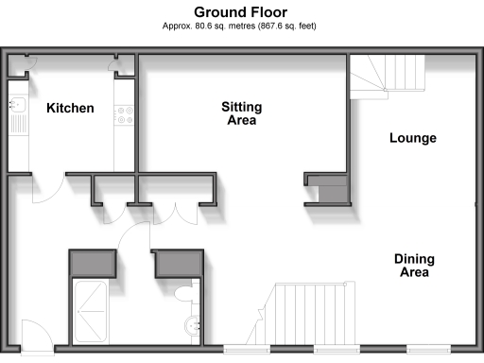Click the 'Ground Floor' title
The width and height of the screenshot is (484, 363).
(241, 11)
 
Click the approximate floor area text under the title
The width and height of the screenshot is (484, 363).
(241, 26)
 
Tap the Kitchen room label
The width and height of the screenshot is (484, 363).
(70, 108)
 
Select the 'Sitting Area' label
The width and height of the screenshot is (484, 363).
(242, 113)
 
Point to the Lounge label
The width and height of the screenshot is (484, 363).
(413, 138)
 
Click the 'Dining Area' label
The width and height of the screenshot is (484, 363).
(413, 265)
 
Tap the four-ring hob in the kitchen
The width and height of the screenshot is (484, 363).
(123, 115)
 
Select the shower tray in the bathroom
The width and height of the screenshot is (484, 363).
(92, 311)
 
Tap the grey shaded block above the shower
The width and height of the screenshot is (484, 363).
(92, 262)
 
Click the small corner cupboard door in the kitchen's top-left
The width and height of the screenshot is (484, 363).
(26, 62)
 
